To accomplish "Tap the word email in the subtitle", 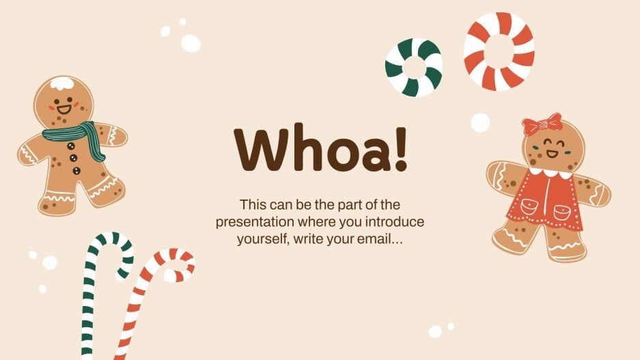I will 360,240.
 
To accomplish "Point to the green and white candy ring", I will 413,66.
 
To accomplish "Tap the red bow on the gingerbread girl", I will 542,124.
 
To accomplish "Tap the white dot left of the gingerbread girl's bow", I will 480,122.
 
